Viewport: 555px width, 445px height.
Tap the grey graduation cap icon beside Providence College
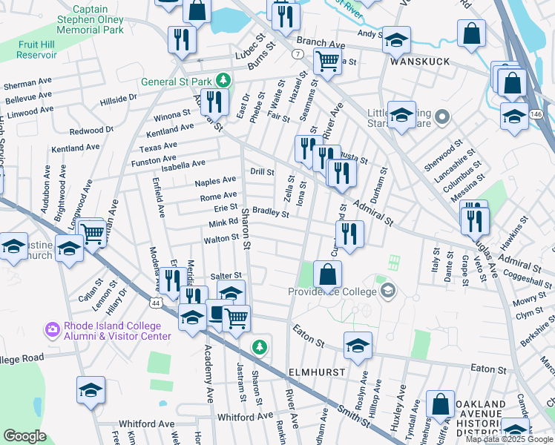click(x=385, y=291)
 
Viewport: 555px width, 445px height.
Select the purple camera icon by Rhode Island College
click(x=52, y=328)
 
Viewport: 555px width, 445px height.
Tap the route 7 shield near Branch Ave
click(x=296, y=55)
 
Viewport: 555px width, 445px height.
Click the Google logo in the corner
click(x=24, y=436)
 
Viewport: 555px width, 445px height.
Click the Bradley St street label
click(x=270, y=213)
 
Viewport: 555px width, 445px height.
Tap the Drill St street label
click(x=262, y=171)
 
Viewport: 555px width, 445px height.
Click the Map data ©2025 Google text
click(x=508, y=439)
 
